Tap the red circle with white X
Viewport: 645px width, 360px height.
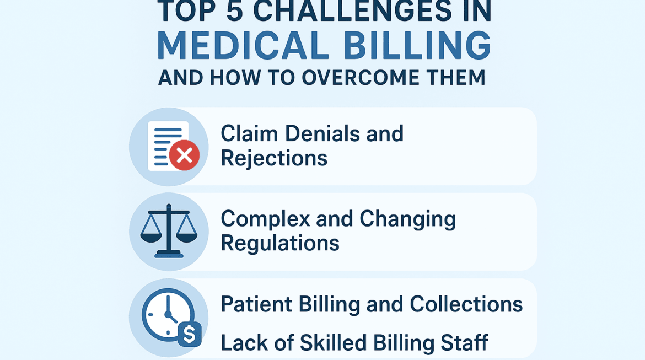[184, 155]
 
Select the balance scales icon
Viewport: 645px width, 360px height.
[169, 231]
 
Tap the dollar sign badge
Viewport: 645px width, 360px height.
[189, 334]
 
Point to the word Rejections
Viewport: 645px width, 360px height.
[274, 159]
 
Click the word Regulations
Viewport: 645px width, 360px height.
[280, 243]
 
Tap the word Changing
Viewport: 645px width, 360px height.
[407, 219]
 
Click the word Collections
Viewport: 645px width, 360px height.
[466, 304]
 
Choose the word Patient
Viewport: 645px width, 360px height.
[256, 304]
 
